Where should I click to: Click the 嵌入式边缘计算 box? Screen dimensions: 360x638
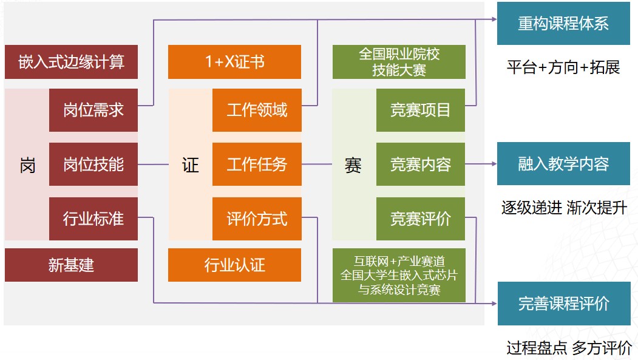[71, 62]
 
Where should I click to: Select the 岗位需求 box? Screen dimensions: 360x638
[93, 110]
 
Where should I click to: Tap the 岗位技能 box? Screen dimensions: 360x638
[93, 164]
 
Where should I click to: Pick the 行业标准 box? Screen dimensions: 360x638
[93, 219]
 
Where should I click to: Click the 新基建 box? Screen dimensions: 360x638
[71, 265]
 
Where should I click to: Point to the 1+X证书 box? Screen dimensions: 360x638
[234, 62]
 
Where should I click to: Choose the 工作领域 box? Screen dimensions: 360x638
[257, 110]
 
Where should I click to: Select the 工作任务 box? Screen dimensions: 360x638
[257, 164]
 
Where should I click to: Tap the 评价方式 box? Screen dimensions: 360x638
[257, 219]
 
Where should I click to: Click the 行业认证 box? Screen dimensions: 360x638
[234, 265]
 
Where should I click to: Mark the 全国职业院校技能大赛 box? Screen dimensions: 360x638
[399, 62]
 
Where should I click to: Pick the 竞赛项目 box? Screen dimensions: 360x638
[421, 110]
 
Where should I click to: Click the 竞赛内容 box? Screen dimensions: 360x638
[421, 164]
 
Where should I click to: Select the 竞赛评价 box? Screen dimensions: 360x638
[421, 219]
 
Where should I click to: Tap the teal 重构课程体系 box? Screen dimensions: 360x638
[563, 24]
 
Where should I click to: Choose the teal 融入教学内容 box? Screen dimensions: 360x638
[563, 164]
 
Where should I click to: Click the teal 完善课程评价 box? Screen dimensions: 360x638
[563, 304]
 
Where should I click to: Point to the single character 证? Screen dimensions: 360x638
[190, 165]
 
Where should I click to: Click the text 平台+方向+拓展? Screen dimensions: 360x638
[563, 67]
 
